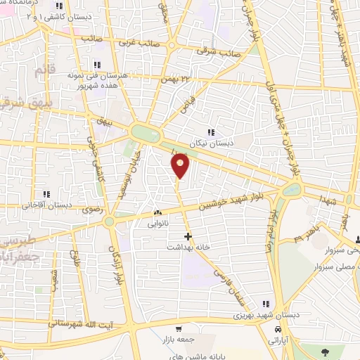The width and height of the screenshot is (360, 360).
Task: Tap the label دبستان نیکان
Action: click(212, 143)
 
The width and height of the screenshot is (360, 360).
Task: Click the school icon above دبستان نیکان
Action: click(211, 132)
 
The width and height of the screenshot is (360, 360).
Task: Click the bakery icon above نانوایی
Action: click(157, 212)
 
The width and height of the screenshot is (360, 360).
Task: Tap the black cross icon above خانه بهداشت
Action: click(187, 236)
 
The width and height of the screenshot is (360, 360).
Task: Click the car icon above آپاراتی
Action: click(278, 328)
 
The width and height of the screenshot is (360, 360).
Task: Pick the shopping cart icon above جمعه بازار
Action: click(179, 328)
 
